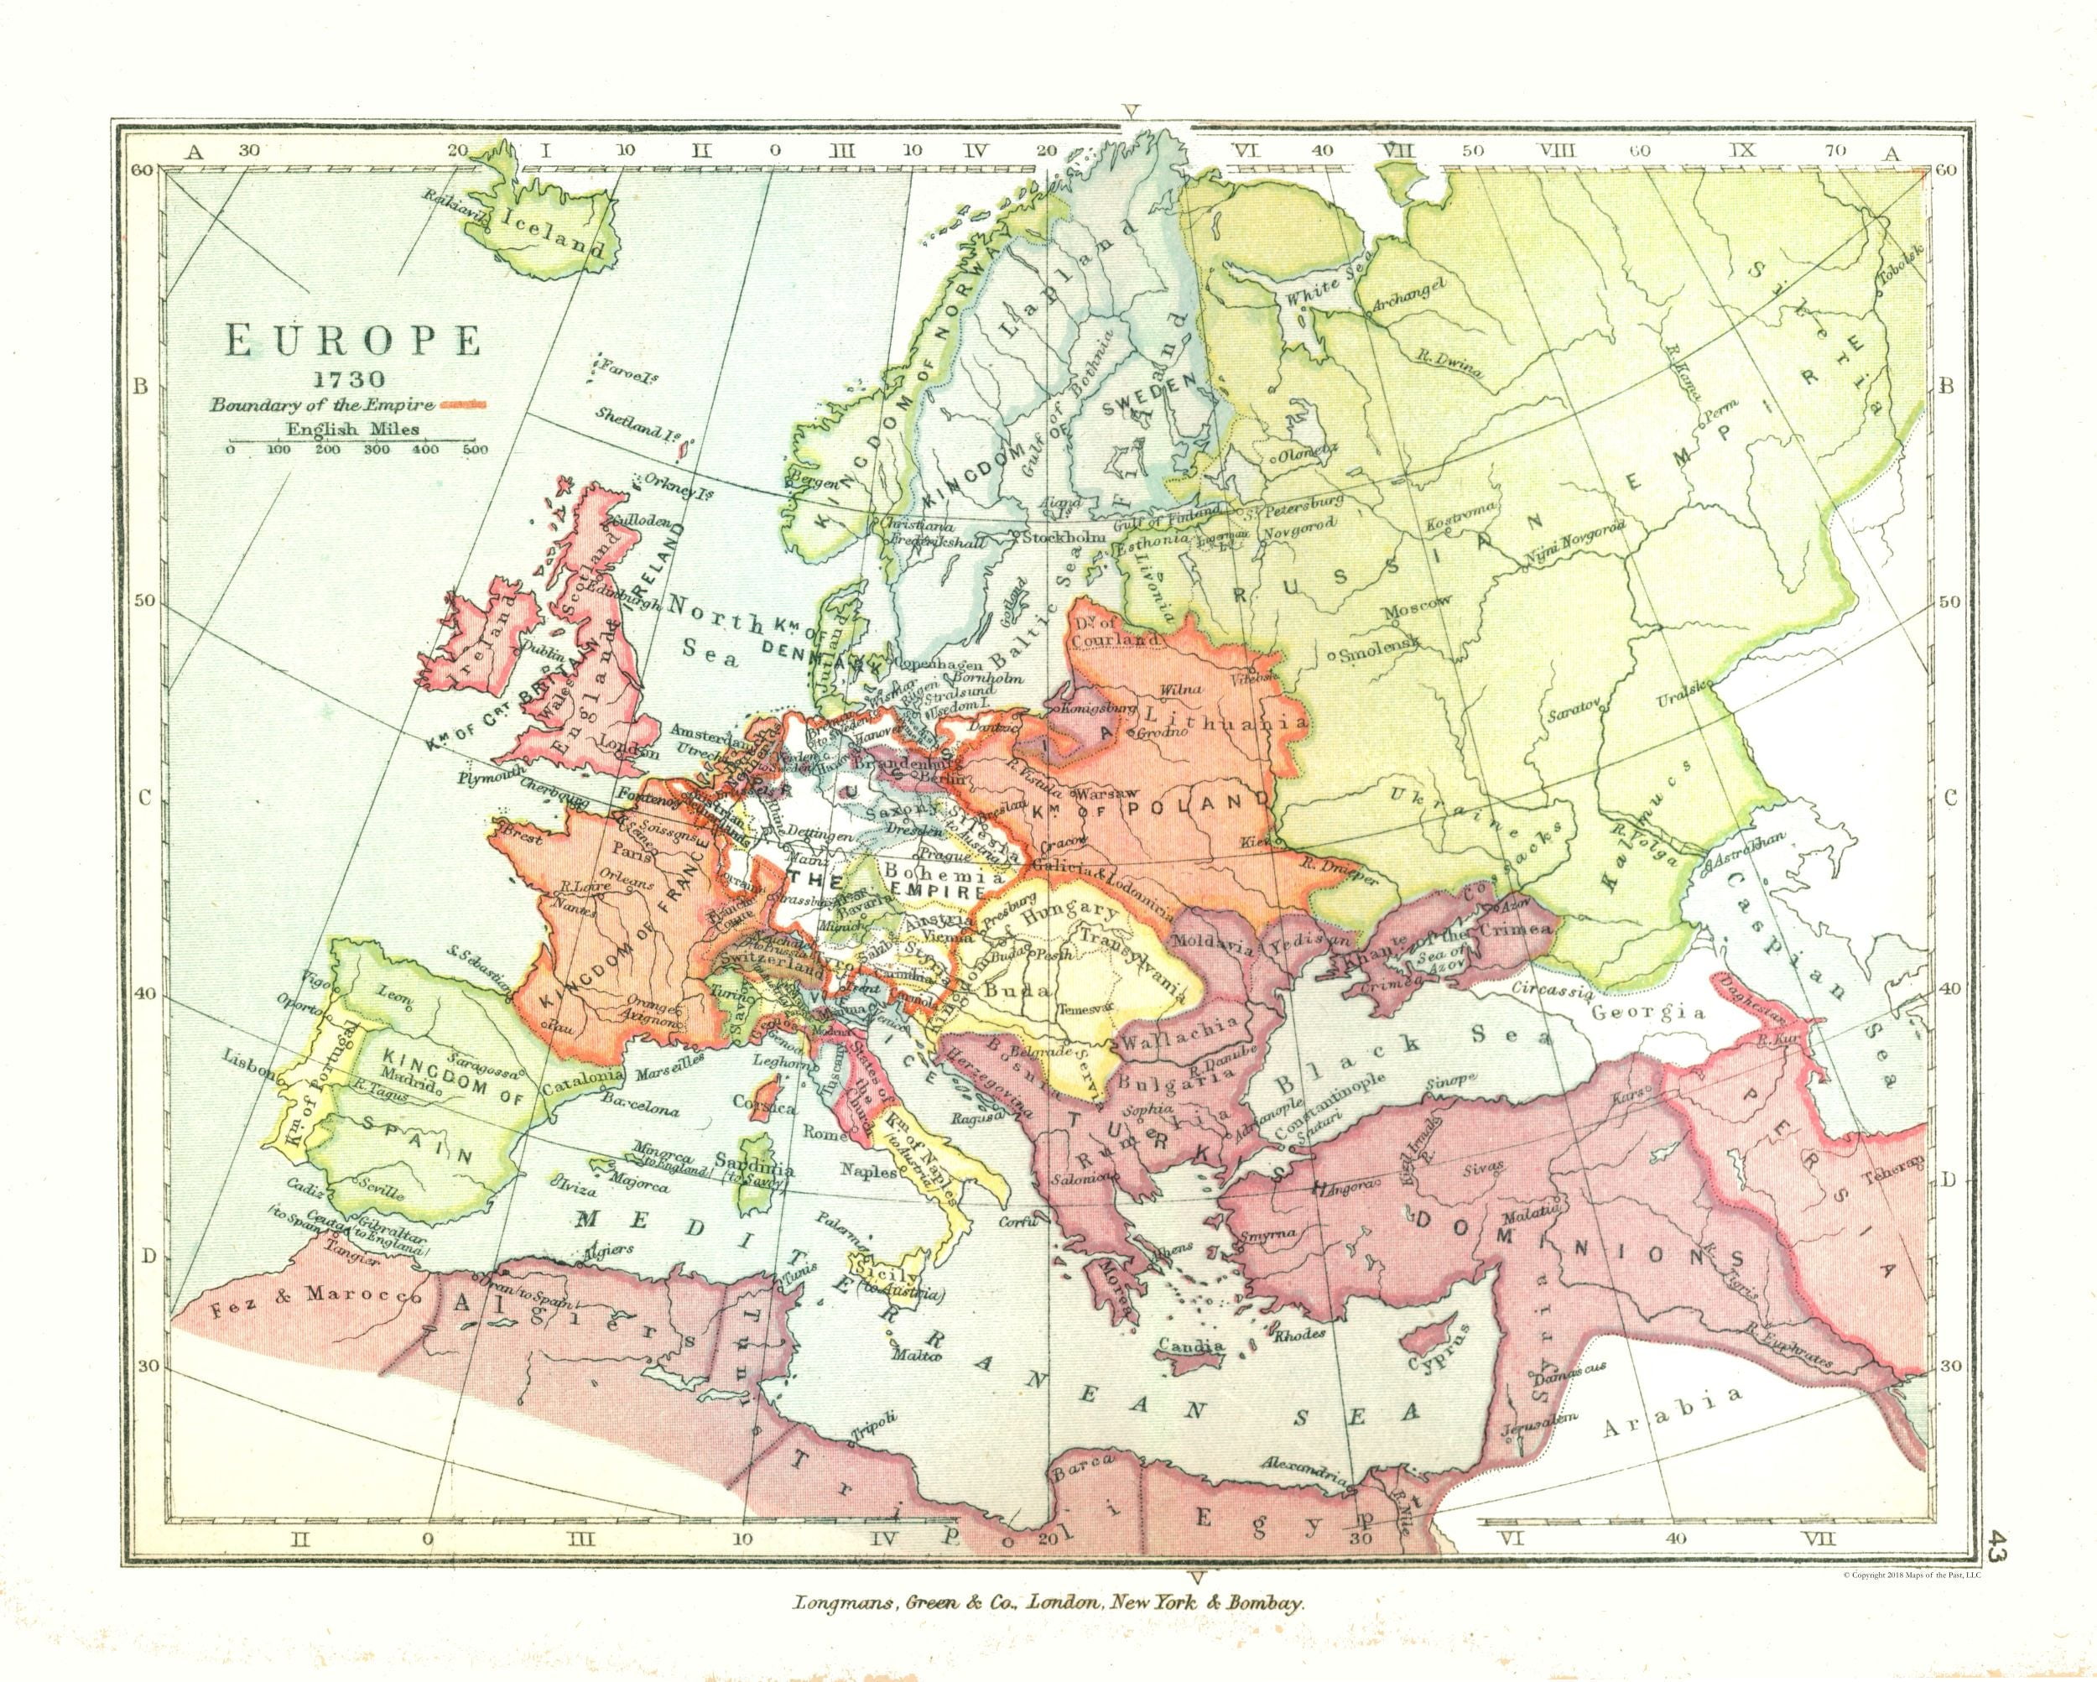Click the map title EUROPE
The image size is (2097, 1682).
[353, 343]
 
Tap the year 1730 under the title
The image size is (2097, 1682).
[353, 380]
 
